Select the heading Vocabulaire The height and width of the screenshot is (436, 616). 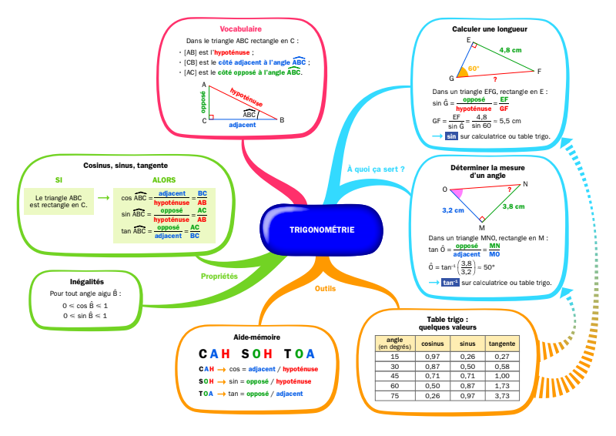coord(241,29)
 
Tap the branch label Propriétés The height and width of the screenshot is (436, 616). coord(219,276)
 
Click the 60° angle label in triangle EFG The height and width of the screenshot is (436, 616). coord(473,69)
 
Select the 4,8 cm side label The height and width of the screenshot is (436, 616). coord(510,50)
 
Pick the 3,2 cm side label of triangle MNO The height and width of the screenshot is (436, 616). coord(453,210)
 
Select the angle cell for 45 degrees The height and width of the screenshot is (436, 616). coord(395,375)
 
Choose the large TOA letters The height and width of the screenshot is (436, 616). coord(299,354)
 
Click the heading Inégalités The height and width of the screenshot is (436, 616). coord(85,282)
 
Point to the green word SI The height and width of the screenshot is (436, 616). coord(59,180)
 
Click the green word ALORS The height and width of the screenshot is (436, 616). coord(163,180)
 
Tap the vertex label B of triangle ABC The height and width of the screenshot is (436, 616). coord(282,119)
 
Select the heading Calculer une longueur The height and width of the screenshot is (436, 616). coord(489,29)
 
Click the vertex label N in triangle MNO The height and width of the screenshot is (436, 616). coord(525,184)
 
